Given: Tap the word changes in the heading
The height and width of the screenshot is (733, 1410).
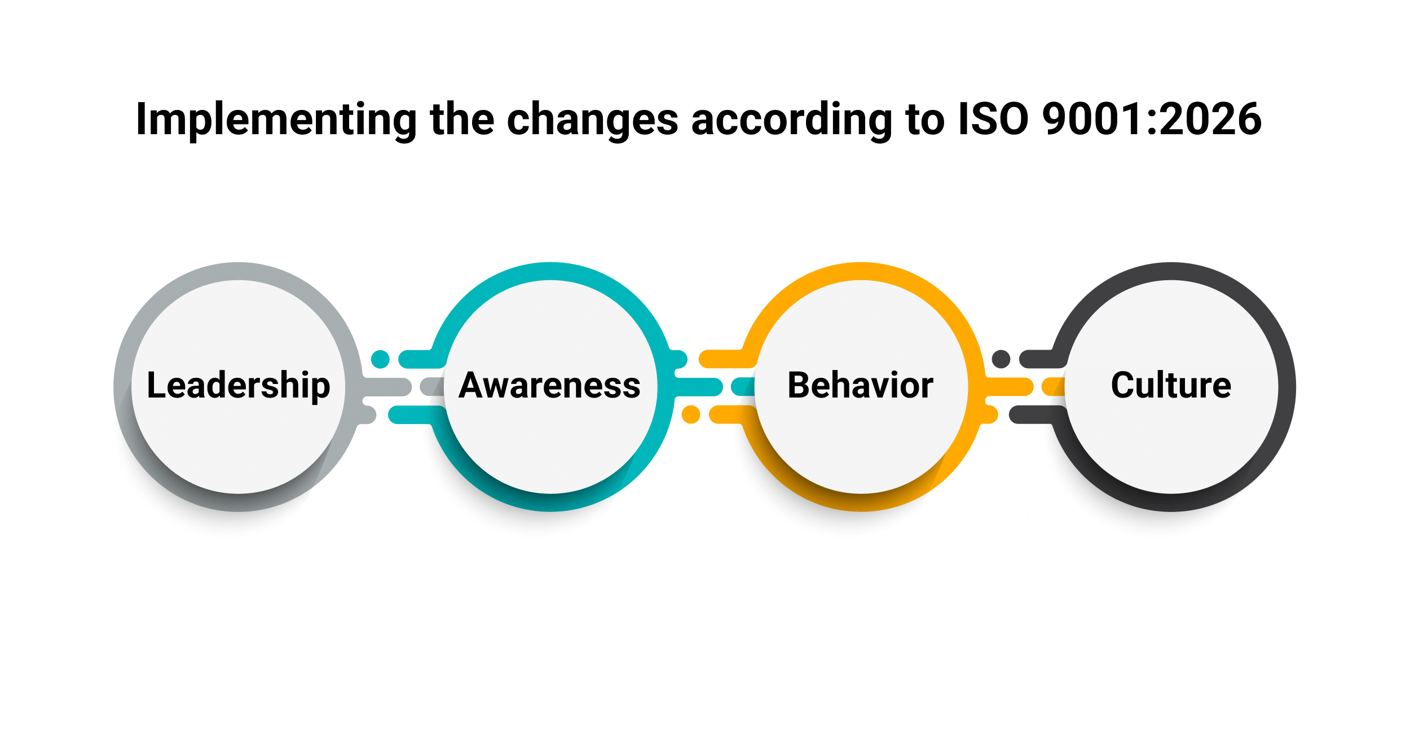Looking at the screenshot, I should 592,120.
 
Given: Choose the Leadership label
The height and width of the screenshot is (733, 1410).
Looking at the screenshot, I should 238,386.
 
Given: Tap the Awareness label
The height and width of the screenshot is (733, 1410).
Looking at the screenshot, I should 549,386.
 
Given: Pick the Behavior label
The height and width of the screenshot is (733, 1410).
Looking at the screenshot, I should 860,386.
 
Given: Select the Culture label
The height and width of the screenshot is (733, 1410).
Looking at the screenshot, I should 1171,386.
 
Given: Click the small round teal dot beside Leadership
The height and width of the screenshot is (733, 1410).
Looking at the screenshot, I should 380,359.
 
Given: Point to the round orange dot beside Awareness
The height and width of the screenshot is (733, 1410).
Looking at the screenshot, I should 690,414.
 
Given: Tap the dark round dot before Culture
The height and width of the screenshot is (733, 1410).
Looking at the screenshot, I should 1001,359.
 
